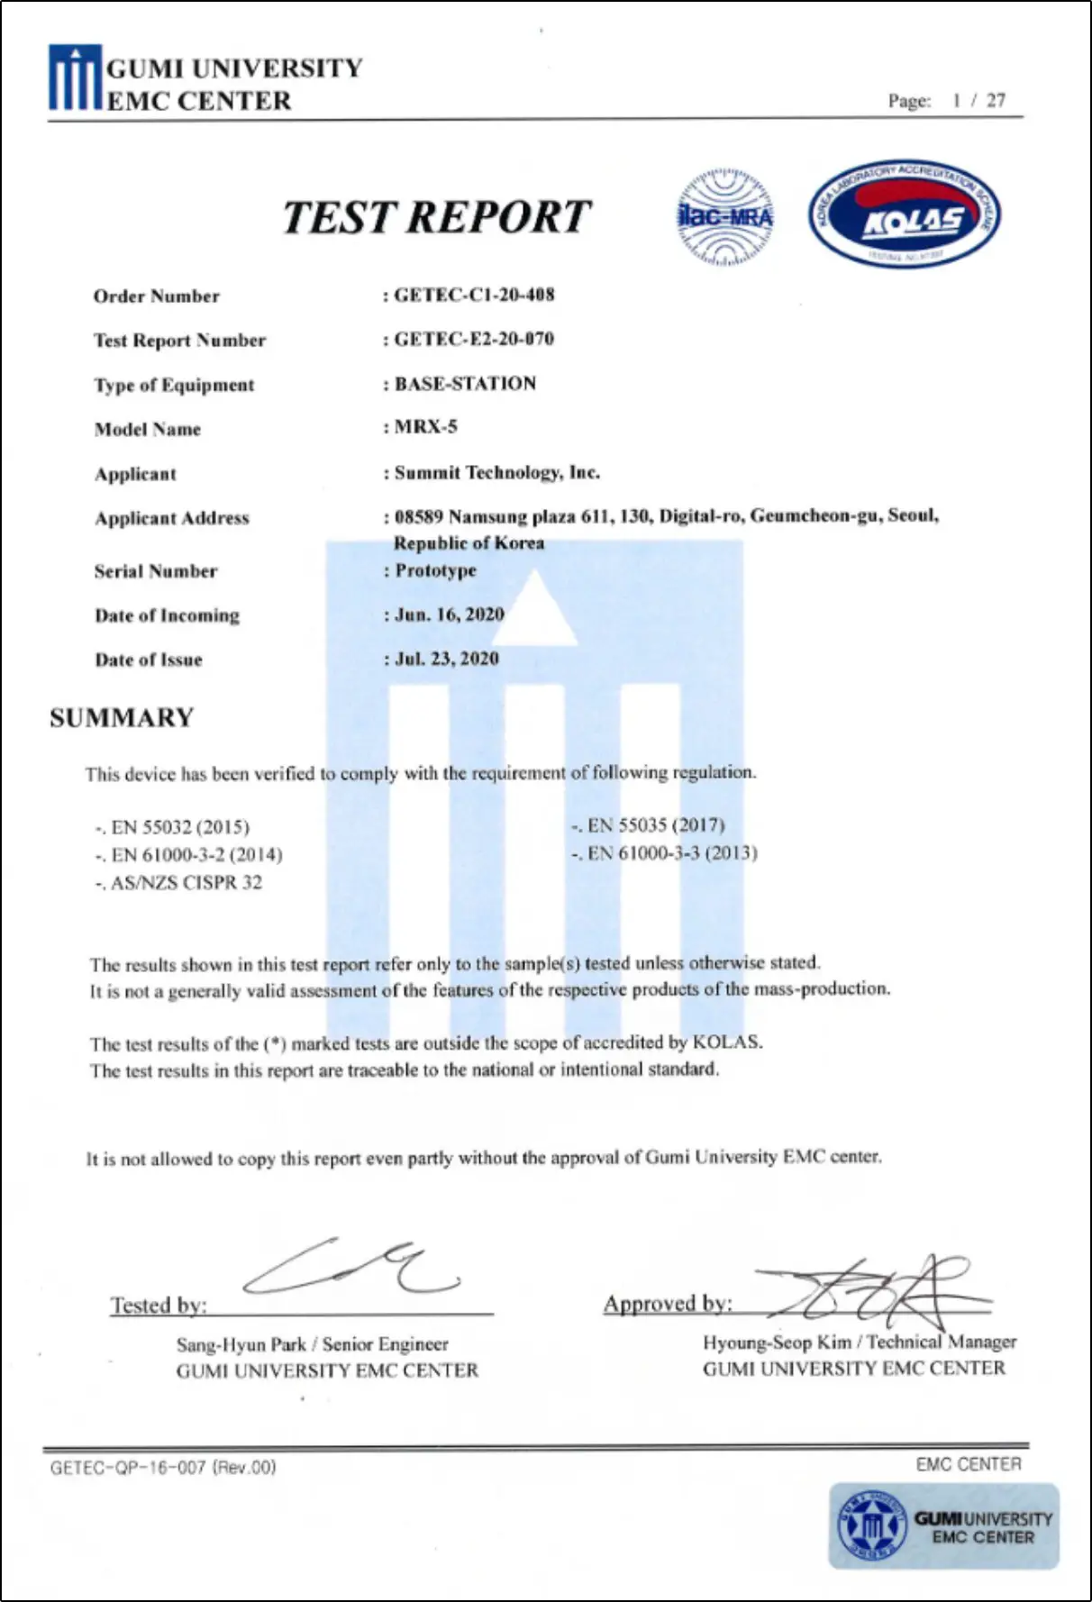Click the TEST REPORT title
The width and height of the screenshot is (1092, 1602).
436,217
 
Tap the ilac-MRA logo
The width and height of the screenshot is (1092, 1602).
724,217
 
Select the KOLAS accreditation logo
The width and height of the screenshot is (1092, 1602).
904,217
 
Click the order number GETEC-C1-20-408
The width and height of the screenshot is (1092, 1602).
474,295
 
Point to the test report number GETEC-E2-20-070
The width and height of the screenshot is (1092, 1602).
474,339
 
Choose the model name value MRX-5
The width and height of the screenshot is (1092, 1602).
425,426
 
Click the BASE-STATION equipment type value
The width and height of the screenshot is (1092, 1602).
465,383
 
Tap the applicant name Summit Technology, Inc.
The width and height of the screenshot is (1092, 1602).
496,472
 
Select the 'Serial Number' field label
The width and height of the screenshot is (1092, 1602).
156,571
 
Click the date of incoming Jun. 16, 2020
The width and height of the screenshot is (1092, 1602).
449,614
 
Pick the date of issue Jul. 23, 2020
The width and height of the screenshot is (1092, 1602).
447,659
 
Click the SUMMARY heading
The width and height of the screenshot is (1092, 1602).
122,718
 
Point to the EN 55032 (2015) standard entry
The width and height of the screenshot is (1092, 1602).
179,827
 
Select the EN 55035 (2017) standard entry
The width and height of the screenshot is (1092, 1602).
655,825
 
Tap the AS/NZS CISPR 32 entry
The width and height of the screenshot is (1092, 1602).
186,883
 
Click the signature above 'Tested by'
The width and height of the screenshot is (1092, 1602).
351,1266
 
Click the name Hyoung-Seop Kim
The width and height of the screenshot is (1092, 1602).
777,1343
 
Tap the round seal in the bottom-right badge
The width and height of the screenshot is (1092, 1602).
870,1526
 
